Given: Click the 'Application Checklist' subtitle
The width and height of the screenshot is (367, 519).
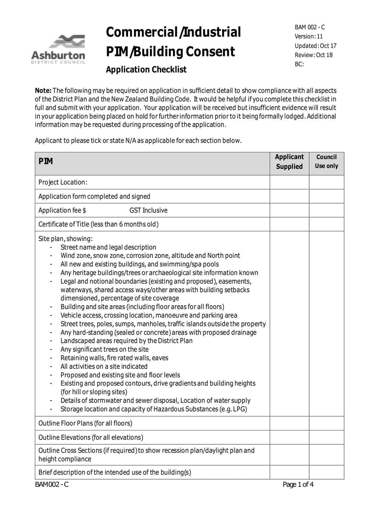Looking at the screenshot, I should point(146,70).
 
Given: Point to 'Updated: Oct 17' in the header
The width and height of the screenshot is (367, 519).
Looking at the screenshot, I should point(315,46).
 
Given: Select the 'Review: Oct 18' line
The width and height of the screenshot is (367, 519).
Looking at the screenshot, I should point(313,55).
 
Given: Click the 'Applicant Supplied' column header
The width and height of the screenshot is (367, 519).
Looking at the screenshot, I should point(289,162).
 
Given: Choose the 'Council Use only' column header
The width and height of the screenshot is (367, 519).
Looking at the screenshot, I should point(326,162).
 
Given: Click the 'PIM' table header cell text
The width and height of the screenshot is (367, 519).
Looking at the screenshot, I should point(45,162).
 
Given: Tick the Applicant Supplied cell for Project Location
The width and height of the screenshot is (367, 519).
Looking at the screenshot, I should point(289,182).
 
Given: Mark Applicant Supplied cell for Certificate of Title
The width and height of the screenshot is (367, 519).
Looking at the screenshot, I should point(289,224).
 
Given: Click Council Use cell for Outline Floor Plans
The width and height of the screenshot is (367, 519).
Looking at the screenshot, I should point(326,423).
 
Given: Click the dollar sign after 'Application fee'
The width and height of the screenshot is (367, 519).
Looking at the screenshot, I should point(84,210).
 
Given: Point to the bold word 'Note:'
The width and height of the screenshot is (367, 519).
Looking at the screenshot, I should point(44,90).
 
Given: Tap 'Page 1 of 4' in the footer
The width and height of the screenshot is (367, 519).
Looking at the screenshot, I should point(298,485).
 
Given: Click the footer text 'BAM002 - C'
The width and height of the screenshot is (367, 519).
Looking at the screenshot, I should point(52,485).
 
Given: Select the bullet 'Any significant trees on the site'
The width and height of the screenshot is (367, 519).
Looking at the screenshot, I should point(105,349).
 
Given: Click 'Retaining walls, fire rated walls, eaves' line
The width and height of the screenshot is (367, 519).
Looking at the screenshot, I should point(114,358).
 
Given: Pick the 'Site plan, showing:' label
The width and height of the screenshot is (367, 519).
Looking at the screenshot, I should point(66,239).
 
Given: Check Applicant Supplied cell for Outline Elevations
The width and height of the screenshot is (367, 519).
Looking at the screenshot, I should point(289,437).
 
